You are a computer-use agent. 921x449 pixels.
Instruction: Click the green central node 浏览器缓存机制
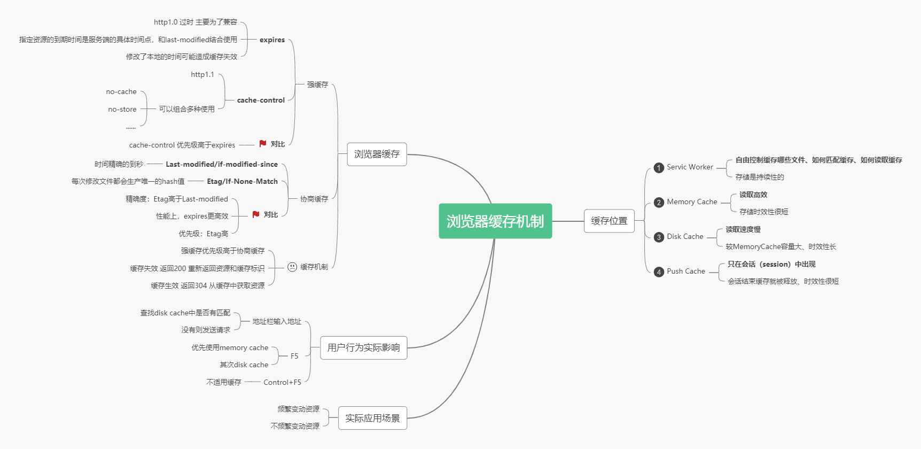coord(495,221)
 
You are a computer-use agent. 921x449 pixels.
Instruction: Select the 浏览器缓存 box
coord(377,154)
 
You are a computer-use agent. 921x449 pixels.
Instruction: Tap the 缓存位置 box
coord(609,221)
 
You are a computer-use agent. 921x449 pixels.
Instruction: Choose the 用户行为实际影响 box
coord(363,347)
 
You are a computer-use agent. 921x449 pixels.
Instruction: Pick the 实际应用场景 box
coord(372,418)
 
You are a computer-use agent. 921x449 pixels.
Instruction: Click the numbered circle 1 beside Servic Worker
coord(659,168)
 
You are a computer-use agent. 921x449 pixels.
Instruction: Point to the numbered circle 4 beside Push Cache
coord(659,272)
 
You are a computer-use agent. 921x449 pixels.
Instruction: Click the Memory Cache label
coord(692,202)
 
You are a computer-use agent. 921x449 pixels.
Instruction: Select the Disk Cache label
coord(685,236)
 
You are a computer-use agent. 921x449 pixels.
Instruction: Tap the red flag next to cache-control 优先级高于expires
coord(263,144)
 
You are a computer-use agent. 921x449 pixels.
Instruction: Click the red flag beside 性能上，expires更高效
coord(256,214)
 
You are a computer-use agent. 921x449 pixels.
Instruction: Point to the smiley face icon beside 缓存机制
coord(292,267)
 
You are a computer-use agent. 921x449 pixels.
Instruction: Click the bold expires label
coord(272,40)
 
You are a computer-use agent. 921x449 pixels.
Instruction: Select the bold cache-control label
coord(261,100)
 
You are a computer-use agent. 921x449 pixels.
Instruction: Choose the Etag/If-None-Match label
coord(242,181)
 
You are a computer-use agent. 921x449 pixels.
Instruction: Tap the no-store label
coord(122,109)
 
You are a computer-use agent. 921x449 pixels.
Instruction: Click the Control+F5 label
coord(282,382)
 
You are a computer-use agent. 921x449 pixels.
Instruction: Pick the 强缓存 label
coord(317,84)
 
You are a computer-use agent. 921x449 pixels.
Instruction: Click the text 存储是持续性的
coord(760,177)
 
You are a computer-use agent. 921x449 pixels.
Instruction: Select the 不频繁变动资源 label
coord(295,426)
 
